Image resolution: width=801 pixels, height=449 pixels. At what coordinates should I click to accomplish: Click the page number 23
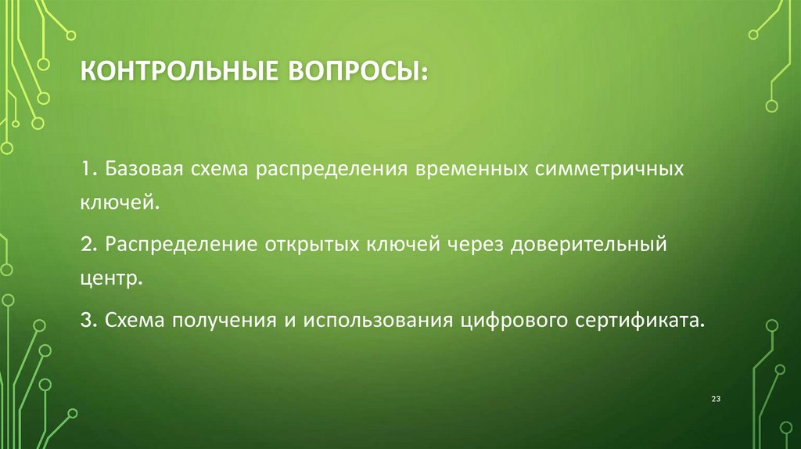715,400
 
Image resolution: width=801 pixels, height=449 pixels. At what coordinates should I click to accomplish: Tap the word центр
110,278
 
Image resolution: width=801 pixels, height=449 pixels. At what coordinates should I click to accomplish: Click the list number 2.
86,246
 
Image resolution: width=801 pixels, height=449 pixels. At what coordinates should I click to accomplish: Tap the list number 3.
86,321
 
